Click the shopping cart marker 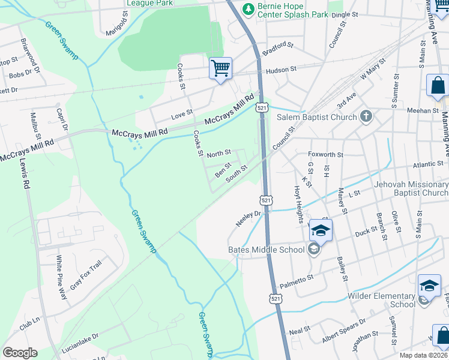tap(220, 68)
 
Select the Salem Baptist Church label tap(316, 118)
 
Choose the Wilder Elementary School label tap(381, 300)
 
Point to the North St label tap(218, 154)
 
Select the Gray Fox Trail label tap(86, 275)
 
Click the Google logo tap(20, 353)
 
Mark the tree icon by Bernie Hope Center tap(247, 8)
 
